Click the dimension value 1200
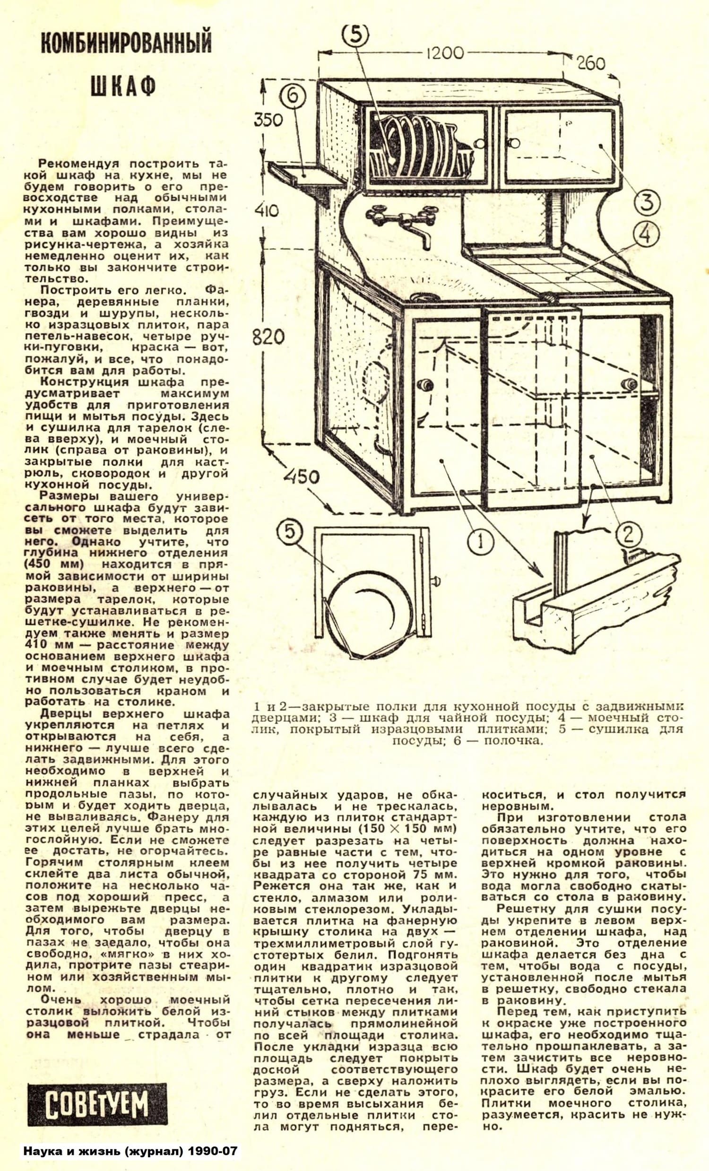coord(444,52)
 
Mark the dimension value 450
coord(302,476)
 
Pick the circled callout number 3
coord(647,201)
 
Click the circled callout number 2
coord(628,535)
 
